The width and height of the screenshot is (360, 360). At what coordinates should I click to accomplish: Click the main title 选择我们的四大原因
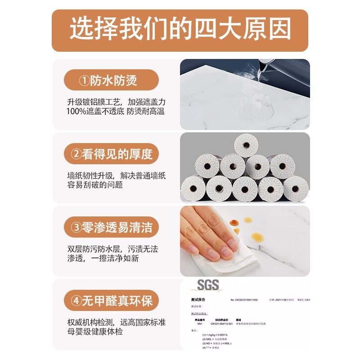click(x=180, y=30)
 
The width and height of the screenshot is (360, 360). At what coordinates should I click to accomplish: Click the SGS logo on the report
click(x=207, y=285)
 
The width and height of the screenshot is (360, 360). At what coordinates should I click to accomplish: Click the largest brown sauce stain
click(x=257, y=237)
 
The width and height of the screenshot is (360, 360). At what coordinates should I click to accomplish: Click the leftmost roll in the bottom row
click(x=193, y=188)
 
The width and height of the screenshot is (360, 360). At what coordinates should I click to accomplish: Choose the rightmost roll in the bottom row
click(x=296, y=188)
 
